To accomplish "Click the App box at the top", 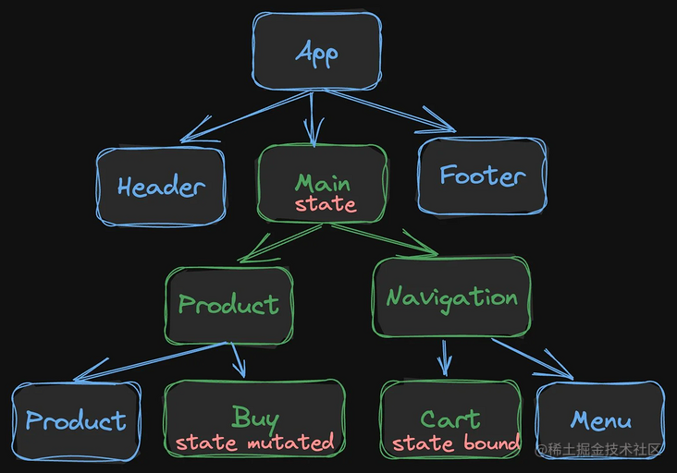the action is (x=317, y=52).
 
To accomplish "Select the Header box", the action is (x=161, y=187).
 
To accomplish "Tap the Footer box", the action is (x=482, y=176).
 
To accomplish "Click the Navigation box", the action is (x=451, y=297).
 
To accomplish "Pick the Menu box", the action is (x=600, y=420).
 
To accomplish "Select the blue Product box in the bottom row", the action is (x=76, y=421).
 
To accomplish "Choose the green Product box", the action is (x=229, y=305).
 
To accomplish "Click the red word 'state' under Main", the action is (x=326, y=204).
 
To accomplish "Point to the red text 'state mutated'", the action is (x=254, y=443).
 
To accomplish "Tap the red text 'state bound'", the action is (x=456, y=443).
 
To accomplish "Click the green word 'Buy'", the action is (x=255, y=418).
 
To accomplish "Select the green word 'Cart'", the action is (x=450, y=419).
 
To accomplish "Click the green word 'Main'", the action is (x=323, y=183).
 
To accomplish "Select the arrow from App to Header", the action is (x=245, y=116).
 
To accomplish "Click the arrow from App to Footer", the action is (x=390, y=111).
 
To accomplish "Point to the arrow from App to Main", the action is (x=313, y=119).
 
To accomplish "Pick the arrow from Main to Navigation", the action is (x=385, y=240).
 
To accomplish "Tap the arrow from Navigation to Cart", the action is (x=444, y=358).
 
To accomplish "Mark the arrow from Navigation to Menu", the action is (x=533, y=358).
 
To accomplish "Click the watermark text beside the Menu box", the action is (x=598, y=449).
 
